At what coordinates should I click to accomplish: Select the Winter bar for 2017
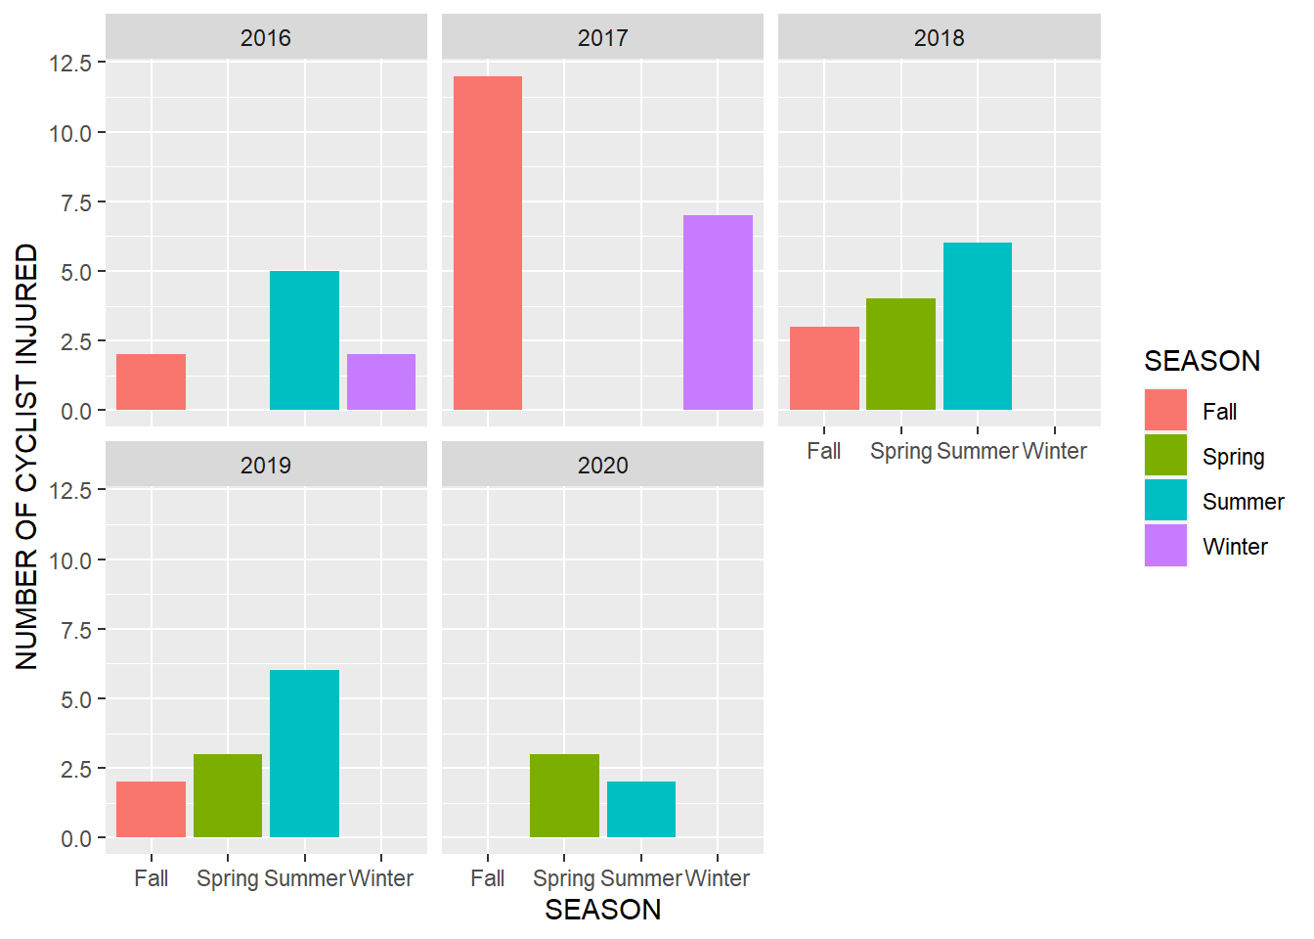[718, 312]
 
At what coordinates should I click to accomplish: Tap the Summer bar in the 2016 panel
[304, 340]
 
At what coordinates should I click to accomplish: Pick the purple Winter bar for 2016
[381, 381]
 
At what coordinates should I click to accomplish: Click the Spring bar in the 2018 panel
[900, 354]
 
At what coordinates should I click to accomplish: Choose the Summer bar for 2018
[978, 326]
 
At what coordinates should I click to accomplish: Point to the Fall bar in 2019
[151, 809]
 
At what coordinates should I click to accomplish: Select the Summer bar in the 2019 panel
[304, 753]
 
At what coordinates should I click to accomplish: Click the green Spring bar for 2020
[564, 795]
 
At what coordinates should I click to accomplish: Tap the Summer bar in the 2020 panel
[641, 809]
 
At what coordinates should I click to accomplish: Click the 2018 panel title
[939, 38]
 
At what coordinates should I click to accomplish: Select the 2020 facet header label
[602, 466]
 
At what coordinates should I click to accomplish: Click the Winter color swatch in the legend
[1165, 546]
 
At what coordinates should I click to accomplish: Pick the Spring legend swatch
[1165, 456]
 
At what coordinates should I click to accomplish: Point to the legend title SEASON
[1202, 361]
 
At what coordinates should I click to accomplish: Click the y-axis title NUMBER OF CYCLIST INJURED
[27, 457]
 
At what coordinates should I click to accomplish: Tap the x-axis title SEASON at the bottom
[602, 910]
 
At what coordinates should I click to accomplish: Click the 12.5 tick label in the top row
[70, 63]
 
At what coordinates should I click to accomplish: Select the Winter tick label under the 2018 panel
[1054, 451]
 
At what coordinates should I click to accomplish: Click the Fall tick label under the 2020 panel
[488, 878]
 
